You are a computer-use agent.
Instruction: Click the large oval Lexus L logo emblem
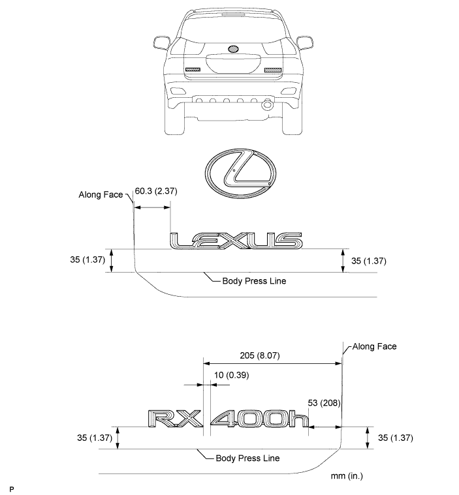pyautogui.click(x=240, y=173)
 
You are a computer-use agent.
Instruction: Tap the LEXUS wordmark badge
pyautogui.click(x=236, y=241)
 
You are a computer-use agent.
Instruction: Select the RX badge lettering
pyautogui.click(x=175, y=419)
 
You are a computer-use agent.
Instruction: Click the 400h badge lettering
pyautogui.click(x=260, y=419)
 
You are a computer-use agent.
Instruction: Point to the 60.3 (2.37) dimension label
pyautogui.click(x=156, y=191)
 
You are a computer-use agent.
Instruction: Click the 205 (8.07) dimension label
pyautogui.click(x=260, y=355)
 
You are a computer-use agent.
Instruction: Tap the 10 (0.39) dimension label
pyautogui.click(x=231, y=375)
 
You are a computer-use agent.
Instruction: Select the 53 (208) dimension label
pyautogui.click(x=324, y=403)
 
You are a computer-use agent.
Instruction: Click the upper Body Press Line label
pyautogui.click(x=254, y=281)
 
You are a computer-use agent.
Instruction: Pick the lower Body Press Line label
pyautogui.click(x=247, y=458)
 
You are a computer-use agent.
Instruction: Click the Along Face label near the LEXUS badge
pyautogui.click(x=101, y=194)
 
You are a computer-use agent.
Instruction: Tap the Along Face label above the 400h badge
pyautogui.click(x=374, y=346)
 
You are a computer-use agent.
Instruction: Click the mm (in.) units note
pyautogui.click(x=347, y=475)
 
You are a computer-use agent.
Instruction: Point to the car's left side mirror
pyautogui.click(x=161, y=42)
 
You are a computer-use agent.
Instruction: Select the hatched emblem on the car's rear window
pyautogui.click(x=233, y=49)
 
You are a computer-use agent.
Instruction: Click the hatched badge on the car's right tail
pyautogui.click(x=273, y=70)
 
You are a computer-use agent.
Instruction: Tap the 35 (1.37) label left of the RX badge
pyautogui.click(x=95, y=438)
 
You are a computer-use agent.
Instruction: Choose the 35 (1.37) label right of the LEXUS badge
pyautogui.click(x=369, y=261)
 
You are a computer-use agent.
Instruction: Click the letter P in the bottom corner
pyautogui.click(x=12, y=489)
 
